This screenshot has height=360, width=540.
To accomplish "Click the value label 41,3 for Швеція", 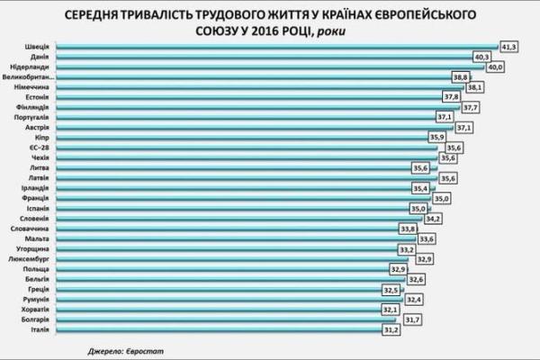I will click(x=510, y=46).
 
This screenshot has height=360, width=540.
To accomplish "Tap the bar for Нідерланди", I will click(x=270, y=67).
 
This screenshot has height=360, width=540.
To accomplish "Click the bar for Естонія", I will click(x=252, y=98).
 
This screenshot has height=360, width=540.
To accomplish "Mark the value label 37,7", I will click(x=472, y=108).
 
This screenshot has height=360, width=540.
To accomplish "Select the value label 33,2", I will click(x=407, y=249).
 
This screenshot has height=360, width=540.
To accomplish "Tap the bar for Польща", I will click(x=225, y=270).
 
